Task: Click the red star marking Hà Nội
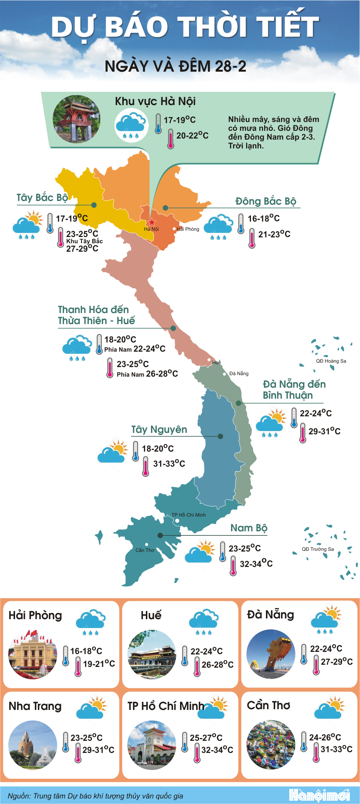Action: pos(152,222)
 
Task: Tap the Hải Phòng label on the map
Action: pos(188,229)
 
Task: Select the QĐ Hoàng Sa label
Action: pos(331,361)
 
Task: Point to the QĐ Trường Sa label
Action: pos(318,549)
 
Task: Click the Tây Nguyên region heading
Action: pos(159,430)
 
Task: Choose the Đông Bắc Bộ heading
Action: pos(266,201)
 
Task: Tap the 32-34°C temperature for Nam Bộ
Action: pos(256,564)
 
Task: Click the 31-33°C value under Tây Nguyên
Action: pos(169,464)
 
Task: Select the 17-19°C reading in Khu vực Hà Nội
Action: pos(180,120)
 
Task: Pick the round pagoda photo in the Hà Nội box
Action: pos(76,119)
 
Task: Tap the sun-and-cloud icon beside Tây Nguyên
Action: pos(112,451)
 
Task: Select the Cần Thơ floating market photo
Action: pos(271,745)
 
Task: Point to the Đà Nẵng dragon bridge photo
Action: pos(271,654)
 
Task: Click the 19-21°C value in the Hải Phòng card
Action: pos(99,664)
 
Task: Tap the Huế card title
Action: pos(151,615)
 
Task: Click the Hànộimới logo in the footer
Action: pos(319,795)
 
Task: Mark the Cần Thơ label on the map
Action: pos(145,550)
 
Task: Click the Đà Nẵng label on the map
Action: pos(239,373)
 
